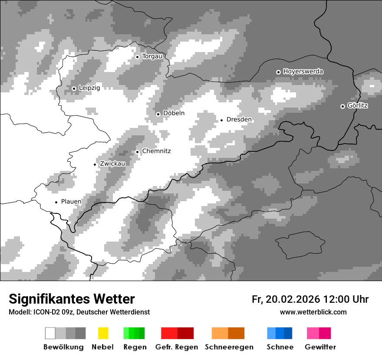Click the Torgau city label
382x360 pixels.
(x=152, y=56)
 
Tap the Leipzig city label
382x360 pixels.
(x=89, y=88)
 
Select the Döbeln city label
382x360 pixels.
(x=174, y=113)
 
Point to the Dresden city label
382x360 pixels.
(x=239, y=120)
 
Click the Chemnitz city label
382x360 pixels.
(x=156, y=151)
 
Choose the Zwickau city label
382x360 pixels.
(x=112, y=164)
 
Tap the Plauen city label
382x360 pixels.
(x=71, y=202)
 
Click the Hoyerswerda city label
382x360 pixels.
(x=303, y=72)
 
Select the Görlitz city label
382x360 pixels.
(x=358, y=105)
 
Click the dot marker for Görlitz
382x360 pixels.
(x=342, y=106)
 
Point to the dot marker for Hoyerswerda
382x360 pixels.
(x=278, y=72)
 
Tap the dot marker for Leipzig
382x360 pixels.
(x=74, y=88)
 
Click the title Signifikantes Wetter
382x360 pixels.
(x=72, y=299)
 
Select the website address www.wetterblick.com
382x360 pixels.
(x=313, y=312)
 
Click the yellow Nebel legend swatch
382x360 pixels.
(x=103, y=333)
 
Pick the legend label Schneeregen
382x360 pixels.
(x=229, y=347)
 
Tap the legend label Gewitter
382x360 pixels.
(x=320, y=347)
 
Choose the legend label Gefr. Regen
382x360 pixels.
(x=177, y=347)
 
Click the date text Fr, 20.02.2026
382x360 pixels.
(x=286, y=299)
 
